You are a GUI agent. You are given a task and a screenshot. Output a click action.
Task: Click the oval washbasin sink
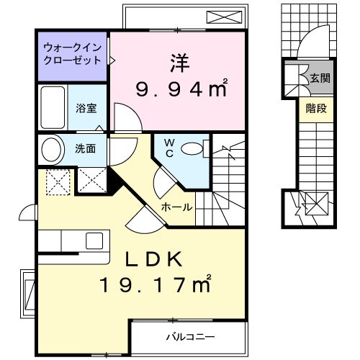pyautogui.click(x=51, y=151)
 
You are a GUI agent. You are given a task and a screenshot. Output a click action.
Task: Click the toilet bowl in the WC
pyautogui.click(x=194, y=148)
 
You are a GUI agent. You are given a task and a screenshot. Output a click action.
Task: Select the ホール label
pyautogui.click(x=176, y=207)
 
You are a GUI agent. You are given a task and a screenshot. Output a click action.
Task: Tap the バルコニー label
pyautogui.click(x=191, y=336)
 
